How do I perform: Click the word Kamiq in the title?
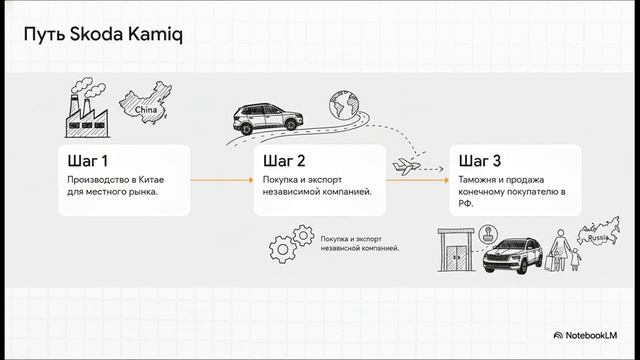[x=156, y=34]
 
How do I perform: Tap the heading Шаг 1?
[x=88, y=161]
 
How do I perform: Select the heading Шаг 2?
[x=284, y=161]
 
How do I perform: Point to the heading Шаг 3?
[x=480, y=161]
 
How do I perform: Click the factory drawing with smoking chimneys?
[x=87, y=107]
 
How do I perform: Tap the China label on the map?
[x=146, y=109]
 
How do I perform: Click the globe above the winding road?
[x=344, y=104]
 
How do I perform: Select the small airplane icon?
[x=406, y=166]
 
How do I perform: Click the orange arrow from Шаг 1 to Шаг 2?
[x=222, y=180]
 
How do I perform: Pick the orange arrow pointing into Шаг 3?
[x=418, y=180]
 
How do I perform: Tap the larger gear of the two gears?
[x=282, y=249]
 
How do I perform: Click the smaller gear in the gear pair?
[x=303, y=235]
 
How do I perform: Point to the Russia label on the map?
[x=598, y=238]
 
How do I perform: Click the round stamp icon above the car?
[x=488, y=235]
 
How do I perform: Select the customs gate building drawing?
[x=456, y=250]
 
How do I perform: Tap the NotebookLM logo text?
[x=591, y=336]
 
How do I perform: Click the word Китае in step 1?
[x=151, y=180]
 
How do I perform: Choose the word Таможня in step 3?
[x=476, y=180]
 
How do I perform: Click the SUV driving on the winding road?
[x=268, y=118]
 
